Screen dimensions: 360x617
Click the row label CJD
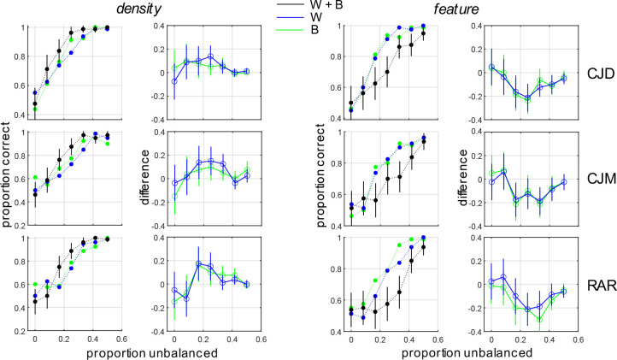[596, 74]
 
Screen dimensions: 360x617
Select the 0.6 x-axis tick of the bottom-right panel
[578, 339]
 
